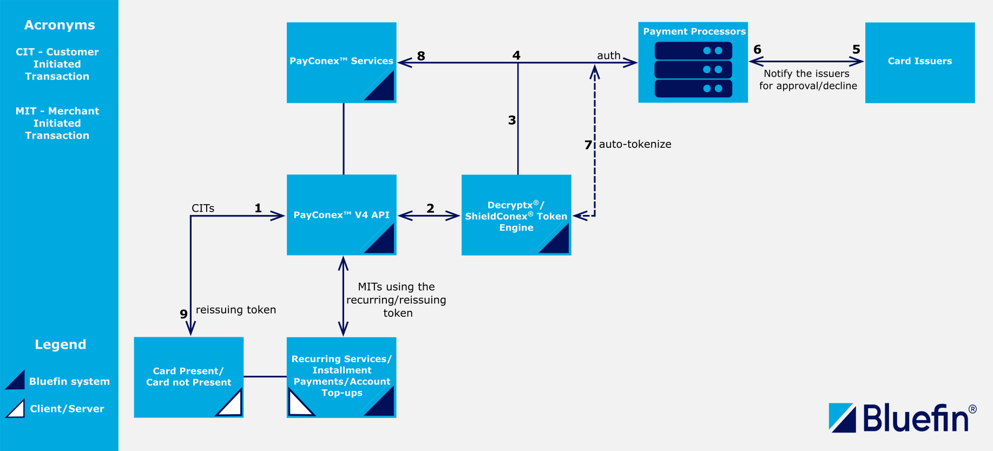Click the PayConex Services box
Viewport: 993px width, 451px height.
(x=341, y=62)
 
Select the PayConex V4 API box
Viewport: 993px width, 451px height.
(x=341, y=215)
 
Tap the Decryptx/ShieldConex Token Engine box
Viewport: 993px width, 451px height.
(x=516, y=215)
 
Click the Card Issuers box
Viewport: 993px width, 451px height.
(x=920, y=62)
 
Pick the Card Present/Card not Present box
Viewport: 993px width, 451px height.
(x=188, y=377)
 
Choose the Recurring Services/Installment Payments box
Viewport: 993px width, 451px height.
(x=341, y=376)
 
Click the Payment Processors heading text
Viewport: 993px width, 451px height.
(x=694, y=31)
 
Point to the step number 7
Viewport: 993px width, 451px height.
(x=588, y=145)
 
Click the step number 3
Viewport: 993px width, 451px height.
(x=512, y=120)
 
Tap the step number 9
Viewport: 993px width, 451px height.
(x=183, y=314)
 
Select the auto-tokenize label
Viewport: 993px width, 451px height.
(x=635, y=144)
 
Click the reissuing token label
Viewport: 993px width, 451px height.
(x=236, y=310)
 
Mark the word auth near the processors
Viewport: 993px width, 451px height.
(x=609, y=55)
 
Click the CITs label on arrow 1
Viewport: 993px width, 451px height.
(x=203, y=208)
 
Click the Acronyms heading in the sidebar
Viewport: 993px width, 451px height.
(x=60, y=25)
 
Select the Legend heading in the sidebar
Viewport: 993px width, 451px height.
(x=61, y=344)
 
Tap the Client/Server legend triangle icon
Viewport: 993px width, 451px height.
(x=16, y=409)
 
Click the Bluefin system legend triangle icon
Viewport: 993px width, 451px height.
(x=16, y=381)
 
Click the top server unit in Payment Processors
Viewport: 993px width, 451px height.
(x=693, y=50)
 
